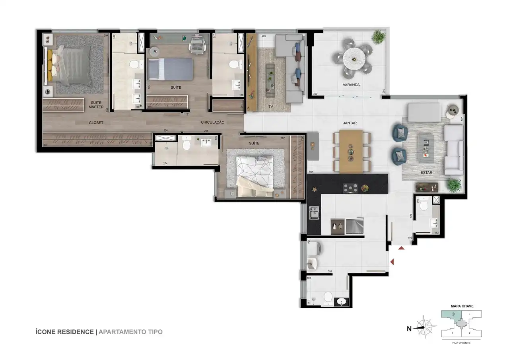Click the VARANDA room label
point(351,85)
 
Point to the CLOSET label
point(96,123)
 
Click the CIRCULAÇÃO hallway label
point(213,122)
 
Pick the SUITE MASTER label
point(96,105)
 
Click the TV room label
point(271,107)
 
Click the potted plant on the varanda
point(378,37)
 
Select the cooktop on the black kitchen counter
point(351,188)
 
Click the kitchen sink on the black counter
point(314,213)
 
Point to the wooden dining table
point(351,151)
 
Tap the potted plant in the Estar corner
point(453,185)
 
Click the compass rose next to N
point(425,328)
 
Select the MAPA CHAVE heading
point(462,306)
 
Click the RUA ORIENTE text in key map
point(461,342)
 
